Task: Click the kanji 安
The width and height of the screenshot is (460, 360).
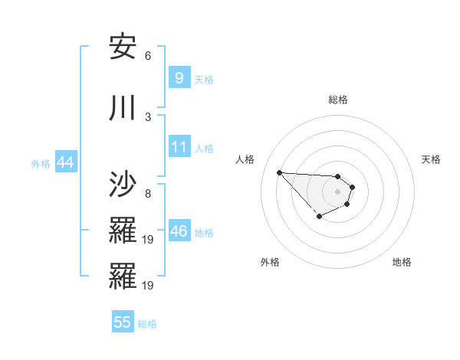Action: [x=123, y=47]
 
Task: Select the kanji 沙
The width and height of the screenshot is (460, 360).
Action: [x=123, y=185]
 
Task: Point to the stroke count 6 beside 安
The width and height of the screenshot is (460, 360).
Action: [x=148, y=56]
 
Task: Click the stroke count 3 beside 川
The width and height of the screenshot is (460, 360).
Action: [x=148, y=116]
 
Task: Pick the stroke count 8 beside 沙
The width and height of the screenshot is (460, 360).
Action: [x=148, y=193]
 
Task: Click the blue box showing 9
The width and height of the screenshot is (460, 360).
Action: [x=179, y=77]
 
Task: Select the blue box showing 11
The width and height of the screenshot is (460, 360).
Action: [x=179, y=146]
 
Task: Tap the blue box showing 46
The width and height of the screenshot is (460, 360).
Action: [x=179, y=231]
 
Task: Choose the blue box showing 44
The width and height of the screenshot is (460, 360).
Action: [x=65, y=162]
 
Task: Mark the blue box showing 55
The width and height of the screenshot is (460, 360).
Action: [x=123, y=322]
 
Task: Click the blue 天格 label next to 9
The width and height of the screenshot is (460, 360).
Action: [x=204, y=79]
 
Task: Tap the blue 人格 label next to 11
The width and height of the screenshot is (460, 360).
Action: [x=204, y=148]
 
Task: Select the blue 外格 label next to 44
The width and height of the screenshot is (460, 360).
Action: [x=41, y=163]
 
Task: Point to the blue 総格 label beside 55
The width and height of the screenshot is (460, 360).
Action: [x=147, y=324]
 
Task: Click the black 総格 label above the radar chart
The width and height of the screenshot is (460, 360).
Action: [x=337, y=100]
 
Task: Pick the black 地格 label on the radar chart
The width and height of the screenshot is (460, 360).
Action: [x=402, y=262]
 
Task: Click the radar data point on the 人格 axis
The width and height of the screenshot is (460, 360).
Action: [x=279, y=172]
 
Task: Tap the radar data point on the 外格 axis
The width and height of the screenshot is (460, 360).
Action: [x=318, y=218]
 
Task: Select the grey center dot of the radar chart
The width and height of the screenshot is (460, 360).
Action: [x=337, y=191]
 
